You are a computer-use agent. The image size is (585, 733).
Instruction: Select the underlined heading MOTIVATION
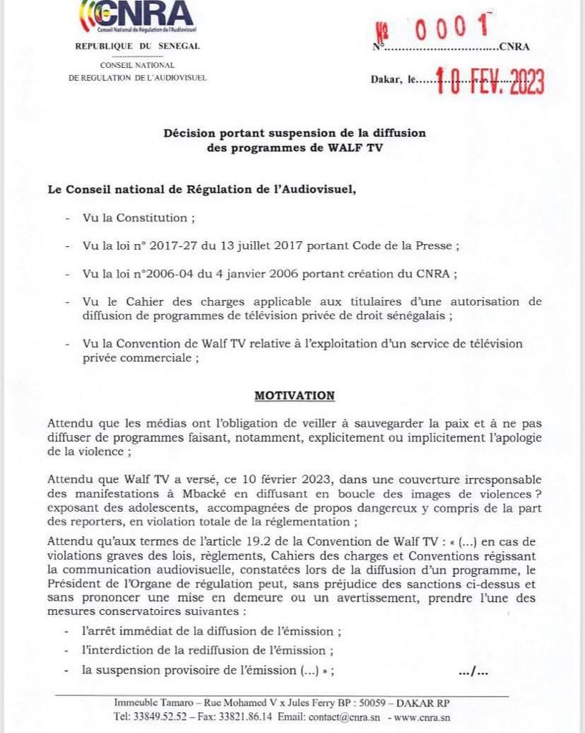click(x=295, y=395)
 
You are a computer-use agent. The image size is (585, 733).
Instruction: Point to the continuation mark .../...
click(x=474, y=671)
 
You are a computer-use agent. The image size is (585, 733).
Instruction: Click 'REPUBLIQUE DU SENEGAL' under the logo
click(x=138, y=46)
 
